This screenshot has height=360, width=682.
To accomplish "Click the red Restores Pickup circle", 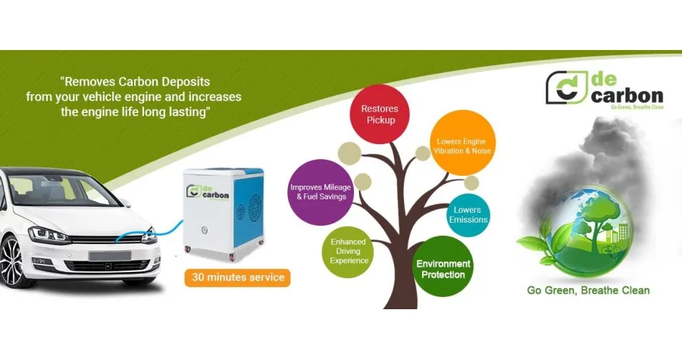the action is click(380, 114).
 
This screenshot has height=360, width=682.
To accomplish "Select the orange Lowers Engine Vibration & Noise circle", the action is click(463, 142).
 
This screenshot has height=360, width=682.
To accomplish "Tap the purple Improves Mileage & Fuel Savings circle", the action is click(321, 193).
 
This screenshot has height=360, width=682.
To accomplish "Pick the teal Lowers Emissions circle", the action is click(468, 215).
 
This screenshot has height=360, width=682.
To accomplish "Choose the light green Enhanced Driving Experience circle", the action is click(349, 252).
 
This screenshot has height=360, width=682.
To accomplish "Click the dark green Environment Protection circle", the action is click(443, 267).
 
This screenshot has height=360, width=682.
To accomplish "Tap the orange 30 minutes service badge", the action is click(237, 277).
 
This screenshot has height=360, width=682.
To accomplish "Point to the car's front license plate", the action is click(110, 255).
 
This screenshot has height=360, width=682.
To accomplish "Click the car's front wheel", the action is click(11, 261).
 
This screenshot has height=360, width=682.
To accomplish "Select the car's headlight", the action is click(48, 235).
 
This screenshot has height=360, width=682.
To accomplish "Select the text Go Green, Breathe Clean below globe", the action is click(588, 290).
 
